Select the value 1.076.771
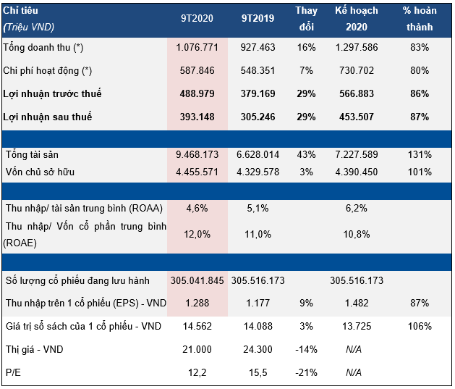click(x=197, y=47)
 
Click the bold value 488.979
click(x=197, y=94)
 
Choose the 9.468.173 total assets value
click(x=197, y=155)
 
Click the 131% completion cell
click(x=418, y=155)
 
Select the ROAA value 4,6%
click(x=197, y=209)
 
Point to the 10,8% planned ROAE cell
click(x=356, y=234)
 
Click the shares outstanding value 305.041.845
click(x=197, y=281)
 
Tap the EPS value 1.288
click(x=197, y=304)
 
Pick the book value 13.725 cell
click(x=356, y=327)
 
